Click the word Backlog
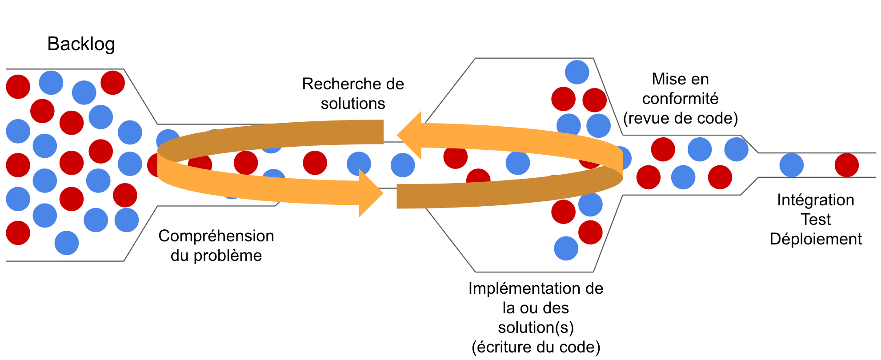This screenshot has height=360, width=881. click(81, 44)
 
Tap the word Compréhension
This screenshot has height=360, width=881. click(216, 236)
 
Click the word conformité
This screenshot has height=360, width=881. click(680, 99)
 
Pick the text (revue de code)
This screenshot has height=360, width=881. click(680, 118)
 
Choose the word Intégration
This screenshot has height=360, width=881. click(815, 200)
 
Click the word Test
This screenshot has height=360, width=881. click(816, 220)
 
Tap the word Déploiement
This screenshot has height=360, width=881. click(816, 239)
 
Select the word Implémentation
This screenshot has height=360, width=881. click(523, 288)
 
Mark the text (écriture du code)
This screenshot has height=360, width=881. click(536, 347)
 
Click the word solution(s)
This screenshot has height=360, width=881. click(536, 328)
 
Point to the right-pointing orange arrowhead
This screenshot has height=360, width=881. click(371, 193)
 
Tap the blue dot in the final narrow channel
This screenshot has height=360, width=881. click(791, 165)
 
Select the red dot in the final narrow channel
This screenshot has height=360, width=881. click(846, 165)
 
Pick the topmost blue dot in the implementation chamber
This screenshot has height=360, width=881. click(577, 72)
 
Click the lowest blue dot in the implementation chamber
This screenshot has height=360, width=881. click(566, 248)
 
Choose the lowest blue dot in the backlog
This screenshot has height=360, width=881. click(67, 243)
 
